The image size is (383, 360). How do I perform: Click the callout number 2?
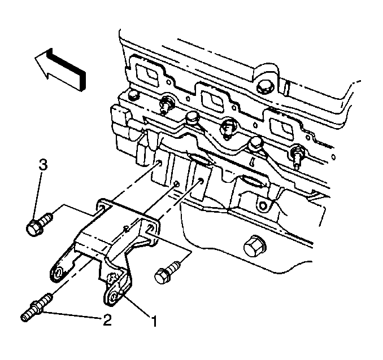pyautogui.click(x=107, y=320)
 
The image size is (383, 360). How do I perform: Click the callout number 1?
pyautogui.click(x=154, y=321)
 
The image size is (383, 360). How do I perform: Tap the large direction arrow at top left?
pyautogui.click(x=60, y=69)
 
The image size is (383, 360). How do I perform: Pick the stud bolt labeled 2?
pyautogui.click(x=36, y=308)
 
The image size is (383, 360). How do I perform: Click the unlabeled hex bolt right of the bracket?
pyautogui.click(x=167, y=273)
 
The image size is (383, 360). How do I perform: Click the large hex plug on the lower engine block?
pyautogui.click(x=255, y=246)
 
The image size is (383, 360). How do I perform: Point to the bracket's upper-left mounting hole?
pyautogui.click(x=102, y=208)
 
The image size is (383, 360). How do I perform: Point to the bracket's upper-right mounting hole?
pyautogui.click(x=150, y=229)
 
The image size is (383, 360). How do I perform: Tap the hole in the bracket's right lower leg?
pyautogui.click(x=114, y=297)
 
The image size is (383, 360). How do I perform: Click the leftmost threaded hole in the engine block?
pyautogui.click(x=159, y=163)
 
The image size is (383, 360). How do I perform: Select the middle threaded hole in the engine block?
pyautogui.click(x=176, y=183)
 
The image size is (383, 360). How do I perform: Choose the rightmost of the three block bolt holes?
pyautogui.click(x=201, y=180)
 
